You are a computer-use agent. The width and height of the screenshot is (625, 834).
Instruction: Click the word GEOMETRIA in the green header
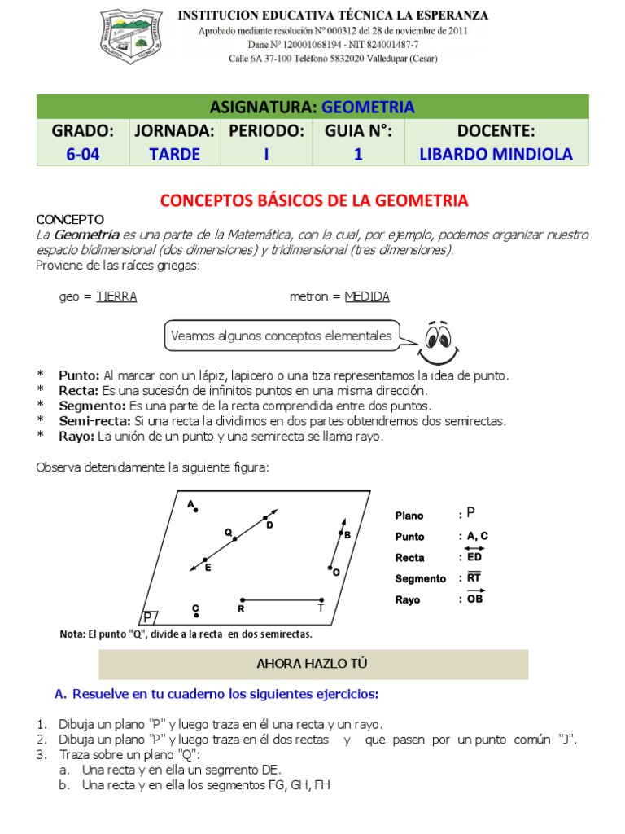click(x=368, y=107)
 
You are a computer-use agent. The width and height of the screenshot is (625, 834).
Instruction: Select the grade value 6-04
click(x=83, y=154)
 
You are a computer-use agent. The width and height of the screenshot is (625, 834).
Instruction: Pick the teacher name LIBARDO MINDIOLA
click(x=495, y=154)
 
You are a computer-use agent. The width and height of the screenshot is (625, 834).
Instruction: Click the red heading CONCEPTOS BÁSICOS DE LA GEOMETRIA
click(x=313, y=200)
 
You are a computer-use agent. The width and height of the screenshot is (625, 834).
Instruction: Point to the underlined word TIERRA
click(x=116, y=296)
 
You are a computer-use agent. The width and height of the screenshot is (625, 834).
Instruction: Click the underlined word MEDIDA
click(x=367, y=296)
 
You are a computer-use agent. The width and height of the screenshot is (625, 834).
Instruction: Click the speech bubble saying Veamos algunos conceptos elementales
click(x=281, y=336)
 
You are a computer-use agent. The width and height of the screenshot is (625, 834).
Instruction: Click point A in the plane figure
click(x=195, y=509)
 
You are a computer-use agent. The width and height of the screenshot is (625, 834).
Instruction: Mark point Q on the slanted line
click(x=235, y=538)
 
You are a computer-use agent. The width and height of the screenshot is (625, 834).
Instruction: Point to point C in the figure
click(x=195, y=616)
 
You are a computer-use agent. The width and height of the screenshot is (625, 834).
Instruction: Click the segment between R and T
click(x=282, y=599)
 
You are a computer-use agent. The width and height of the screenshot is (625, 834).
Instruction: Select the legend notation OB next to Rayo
click(x=474, y=599)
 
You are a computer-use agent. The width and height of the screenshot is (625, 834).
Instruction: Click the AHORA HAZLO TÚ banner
click(x=313, y=664)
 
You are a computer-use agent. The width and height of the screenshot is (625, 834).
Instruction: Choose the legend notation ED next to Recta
click(x=474, y=557)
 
